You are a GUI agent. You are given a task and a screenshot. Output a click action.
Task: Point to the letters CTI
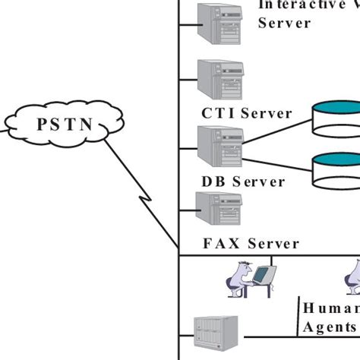[x=217, y=113]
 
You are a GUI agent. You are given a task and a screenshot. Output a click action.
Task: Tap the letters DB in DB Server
[x=212, y=182]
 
